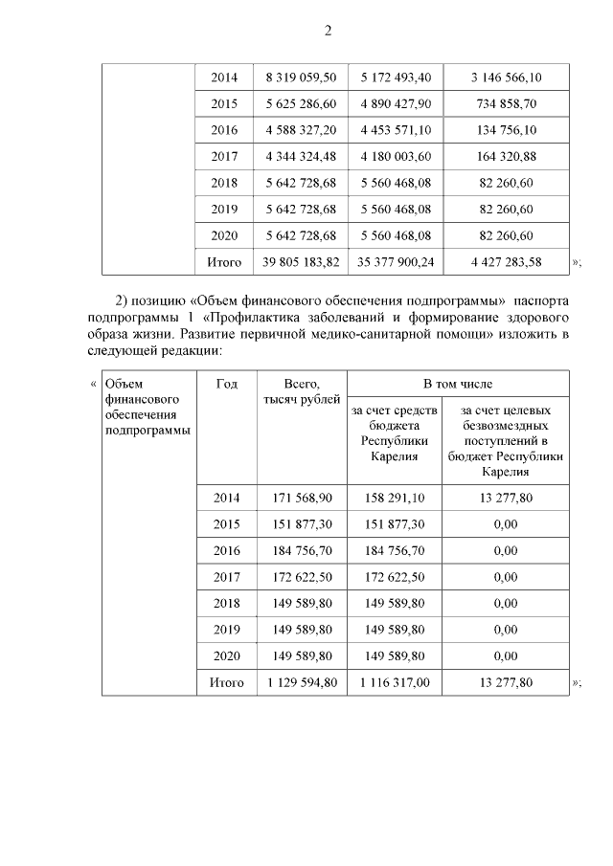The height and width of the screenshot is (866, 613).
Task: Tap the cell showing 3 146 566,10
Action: point(505,77)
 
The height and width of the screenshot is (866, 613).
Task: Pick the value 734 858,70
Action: point(505,103)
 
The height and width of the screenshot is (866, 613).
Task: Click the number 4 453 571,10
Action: point(396,130)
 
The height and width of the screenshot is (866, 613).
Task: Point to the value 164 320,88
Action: point(505,156)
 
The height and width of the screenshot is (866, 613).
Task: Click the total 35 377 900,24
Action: point(396,261)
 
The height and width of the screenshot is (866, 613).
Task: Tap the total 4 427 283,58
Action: point(505,261)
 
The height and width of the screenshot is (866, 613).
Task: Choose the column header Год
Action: point(226,384)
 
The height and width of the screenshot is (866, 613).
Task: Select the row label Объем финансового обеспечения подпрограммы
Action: point(147,407)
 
